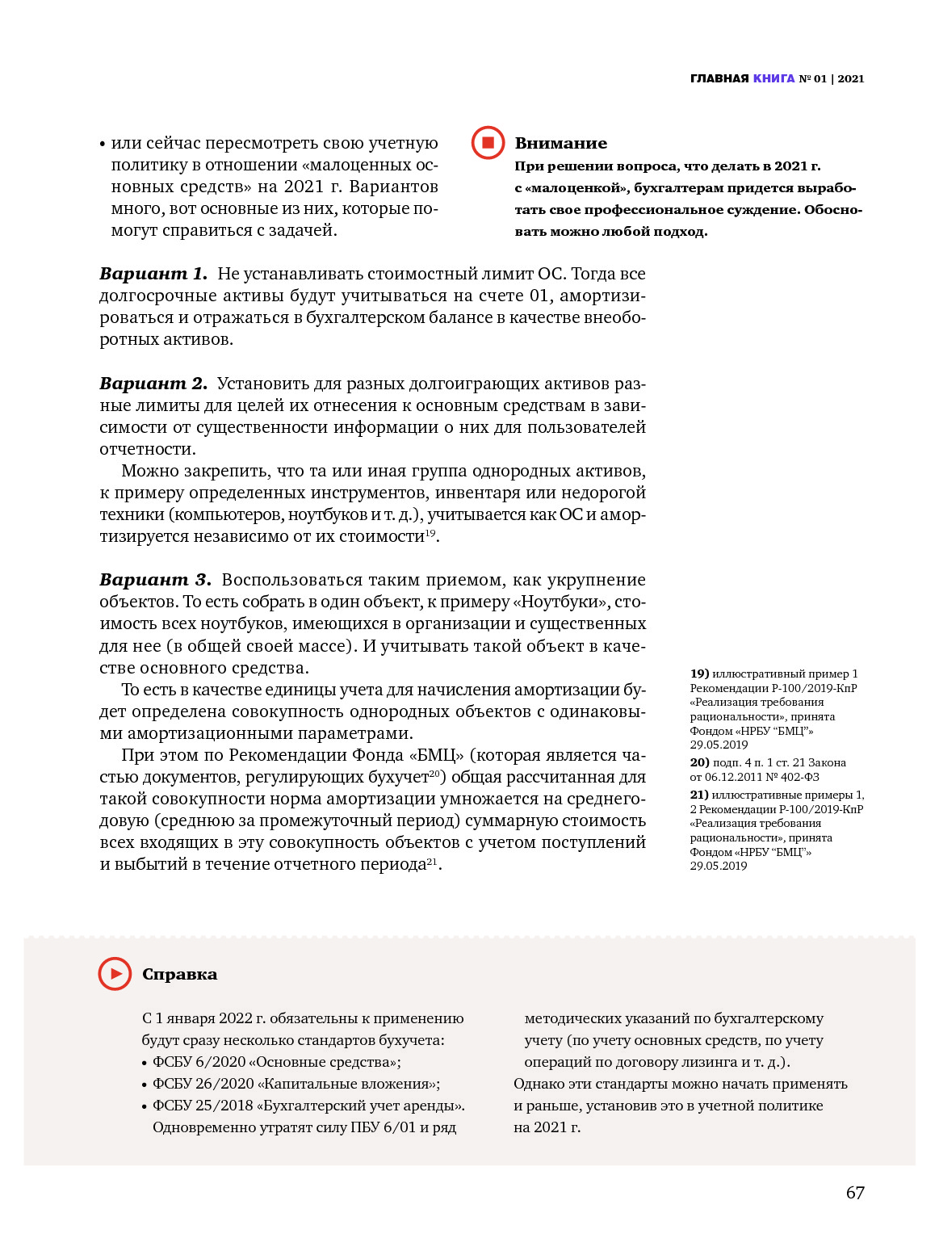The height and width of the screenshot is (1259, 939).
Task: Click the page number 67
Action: click(x=855, y=1193)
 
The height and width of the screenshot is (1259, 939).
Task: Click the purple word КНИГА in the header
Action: click(x=773, y=78)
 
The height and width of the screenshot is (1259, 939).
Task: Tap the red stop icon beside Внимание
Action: click(x=488, y=143)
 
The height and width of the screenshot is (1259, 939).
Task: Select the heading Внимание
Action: click(x=560, y=143)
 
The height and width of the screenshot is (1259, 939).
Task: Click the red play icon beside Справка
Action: click(x=115, y=974)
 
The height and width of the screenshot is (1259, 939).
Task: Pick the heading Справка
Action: click(x=179, y=975)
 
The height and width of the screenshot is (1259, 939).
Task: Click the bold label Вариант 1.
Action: click(x=153, y=274)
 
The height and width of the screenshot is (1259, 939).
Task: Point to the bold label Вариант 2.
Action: click(x=153, y=384)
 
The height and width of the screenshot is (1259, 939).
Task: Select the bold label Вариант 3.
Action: click(x=154, y=580)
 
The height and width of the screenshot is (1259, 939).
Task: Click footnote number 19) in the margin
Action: click(x=699, y=674)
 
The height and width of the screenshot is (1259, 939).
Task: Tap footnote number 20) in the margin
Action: click(x=699, y=762)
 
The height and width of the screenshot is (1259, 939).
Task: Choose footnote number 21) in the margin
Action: click(x=699, y=795)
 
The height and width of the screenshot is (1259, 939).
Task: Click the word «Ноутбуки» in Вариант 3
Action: click(x=560, y=602)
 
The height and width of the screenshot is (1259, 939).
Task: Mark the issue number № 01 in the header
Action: click(x=812, y=78)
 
